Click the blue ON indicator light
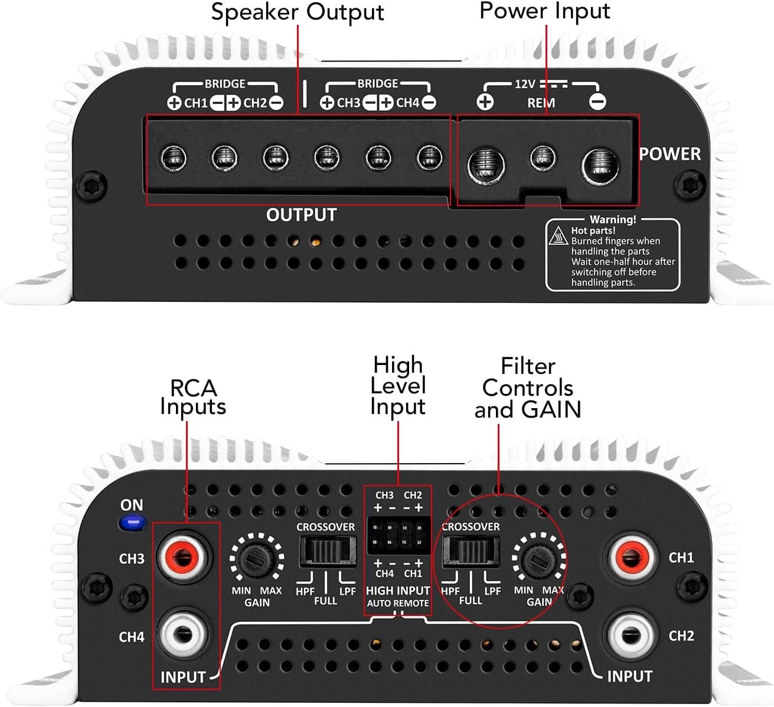(x=133, y=523)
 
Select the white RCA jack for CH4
(x=184, y=635)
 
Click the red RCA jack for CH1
(x=631, y=556)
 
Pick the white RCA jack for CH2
(x=631, y=635)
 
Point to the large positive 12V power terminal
(x=486, y=164)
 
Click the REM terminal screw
(x=543, y=158)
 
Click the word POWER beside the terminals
(x=670, y=154)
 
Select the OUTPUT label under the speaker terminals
(x=301, y=215)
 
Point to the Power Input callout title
(x=544, y=11)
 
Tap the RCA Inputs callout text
(x=193, y=398)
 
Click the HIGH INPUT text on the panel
(x=398, y=591)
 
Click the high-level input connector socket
(x=398, y=534)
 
